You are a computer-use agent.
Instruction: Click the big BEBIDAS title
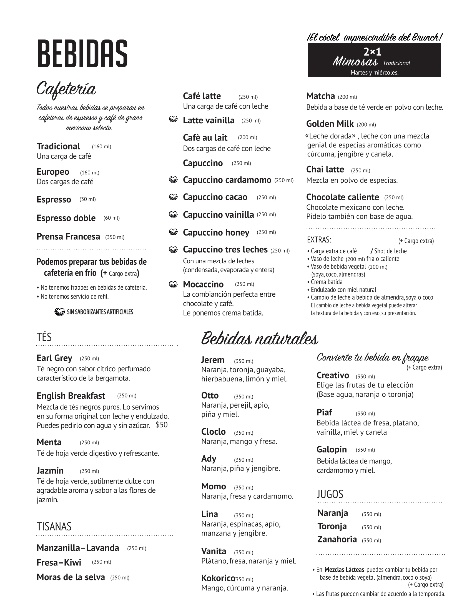(x=82, y=54)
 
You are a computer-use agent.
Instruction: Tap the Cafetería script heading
(x=66, y=89)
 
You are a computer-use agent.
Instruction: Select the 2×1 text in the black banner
(x=372, y=52)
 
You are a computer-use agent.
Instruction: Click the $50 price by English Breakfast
(x=162, y=425)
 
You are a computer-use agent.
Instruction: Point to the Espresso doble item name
(x=66, y=218)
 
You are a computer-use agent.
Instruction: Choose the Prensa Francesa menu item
(x=68, y=236)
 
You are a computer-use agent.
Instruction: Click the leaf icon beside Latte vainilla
(x=173, y=119)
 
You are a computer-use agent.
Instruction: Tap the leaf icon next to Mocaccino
(x=173, y=284)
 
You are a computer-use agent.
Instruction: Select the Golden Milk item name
(x=330, y=124)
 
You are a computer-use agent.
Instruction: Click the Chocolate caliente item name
(x=343, y=197)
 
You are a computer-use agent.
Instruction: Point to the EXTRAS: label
(x=319, y=240)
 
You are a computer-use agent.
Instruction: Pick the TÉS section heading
(x=44, y=337)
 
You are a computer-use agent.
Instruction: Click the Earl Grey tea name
(x=54, y=358)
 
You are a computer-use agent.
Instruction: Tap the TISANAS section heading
(x=54, y=527)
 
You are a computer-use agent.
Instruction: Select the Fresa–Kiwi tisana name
(x=59, y=562)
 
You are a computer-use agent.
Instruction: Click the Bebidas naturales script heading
(x=260, y=339)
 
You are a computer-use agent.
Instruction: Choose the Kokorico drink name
(x=218, y=578)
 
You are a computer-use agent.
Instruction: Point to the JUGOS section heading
(x=330, y=494)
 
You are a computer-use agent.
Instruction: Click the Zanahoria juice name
(x=337, y=539)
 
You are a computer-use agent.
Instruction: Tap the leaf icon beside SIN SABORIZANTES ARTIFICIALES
(x=60, y=312)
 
